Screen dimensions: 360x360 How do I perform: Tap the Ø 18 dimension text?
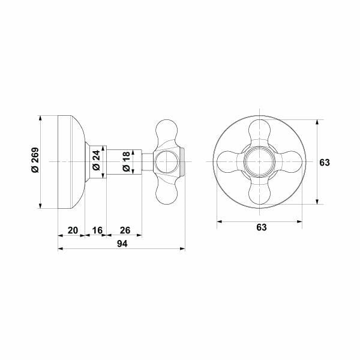coord(125,162)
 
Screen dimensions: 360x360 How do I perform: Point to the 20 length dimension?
coord(72,230)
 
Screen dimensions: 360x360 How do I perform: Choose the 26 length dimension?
coord(125,230)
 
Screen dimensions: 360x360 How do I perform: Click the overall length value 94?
coord(122,244)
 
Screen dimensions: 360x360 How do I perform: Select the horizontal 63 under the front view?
coord(261,227)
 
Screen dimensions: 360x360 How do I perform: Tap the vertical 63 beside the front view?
coord(325,162)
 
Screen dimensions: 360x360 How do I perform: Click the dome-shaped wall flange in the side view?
coord(71,162)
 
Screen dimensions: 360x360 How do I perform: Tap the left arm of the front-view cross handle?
coord(229,162)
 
